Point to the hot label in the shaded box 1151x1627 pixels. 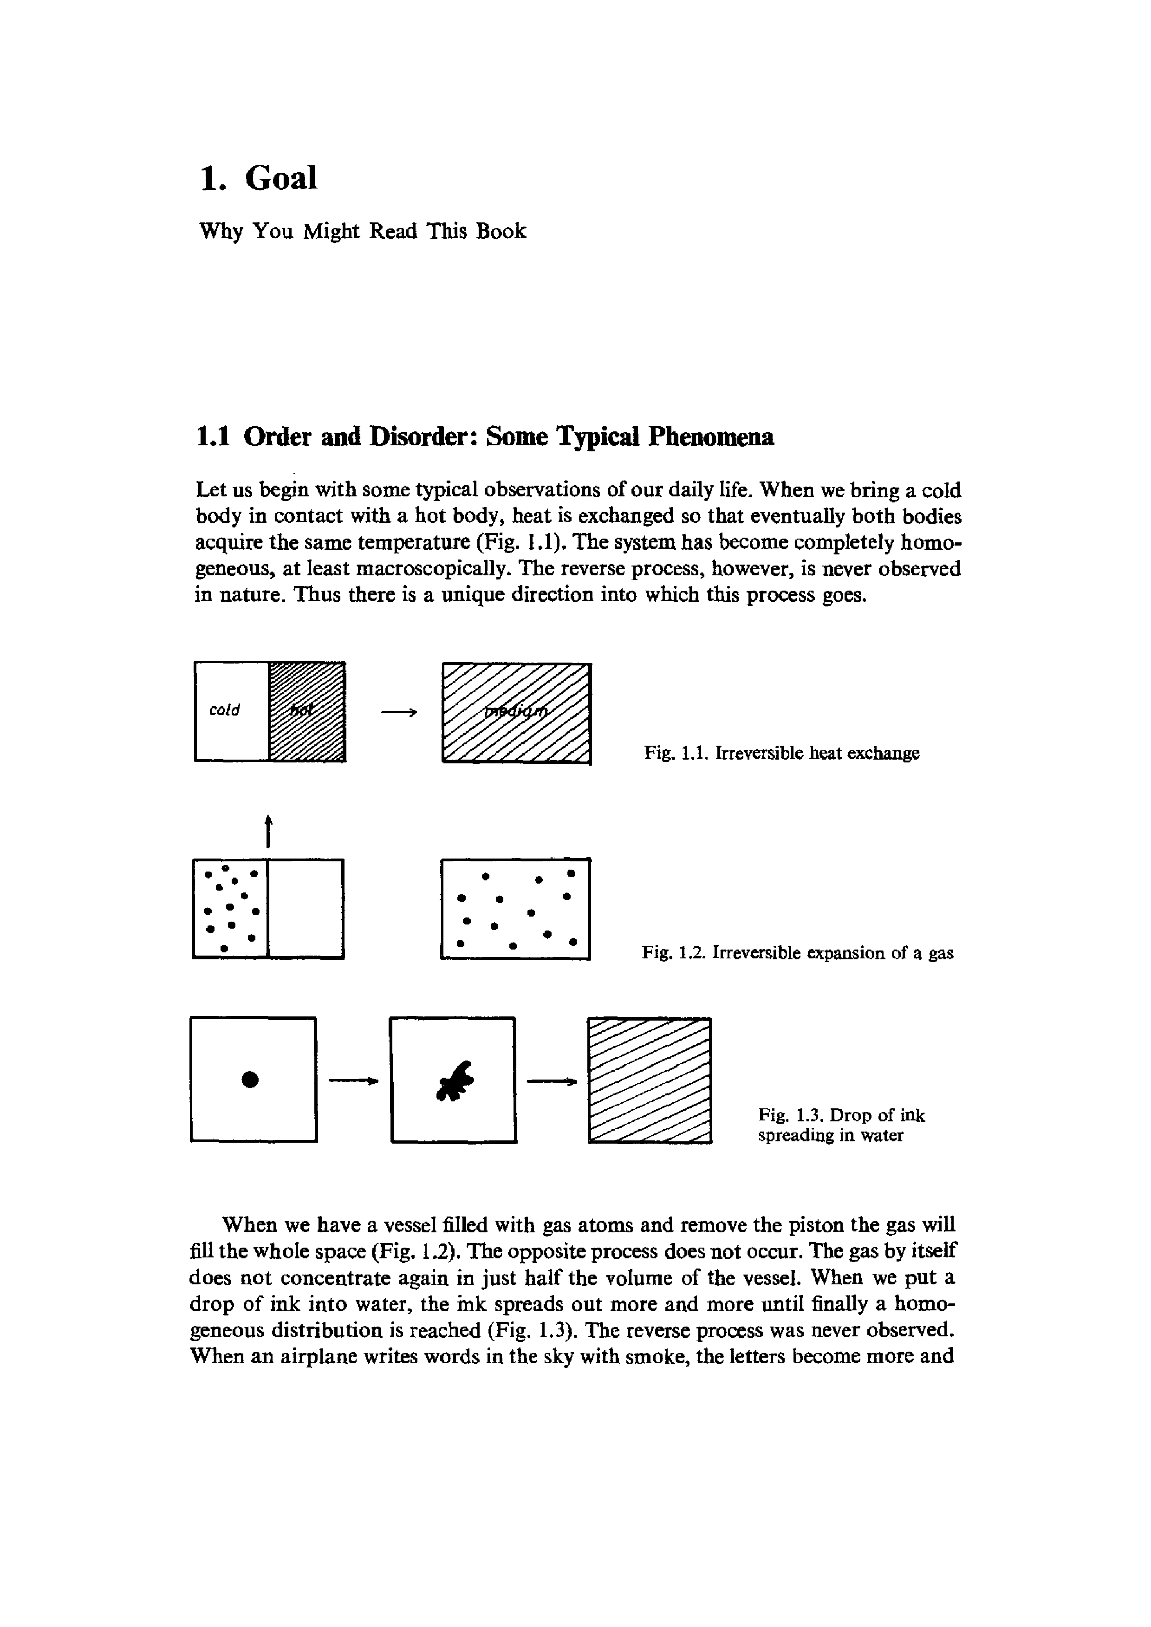[303, 711]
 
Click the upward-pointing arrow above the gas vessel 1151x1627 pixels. [268, 831]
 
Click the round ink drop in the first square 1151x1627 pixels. [249, 1079]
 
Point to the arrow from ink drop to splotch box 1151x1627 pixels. [353, 1080]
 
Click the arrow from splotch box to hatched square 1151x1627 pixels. [552, 1080]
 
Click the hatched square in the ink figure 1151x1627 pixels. [649, 1080]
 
